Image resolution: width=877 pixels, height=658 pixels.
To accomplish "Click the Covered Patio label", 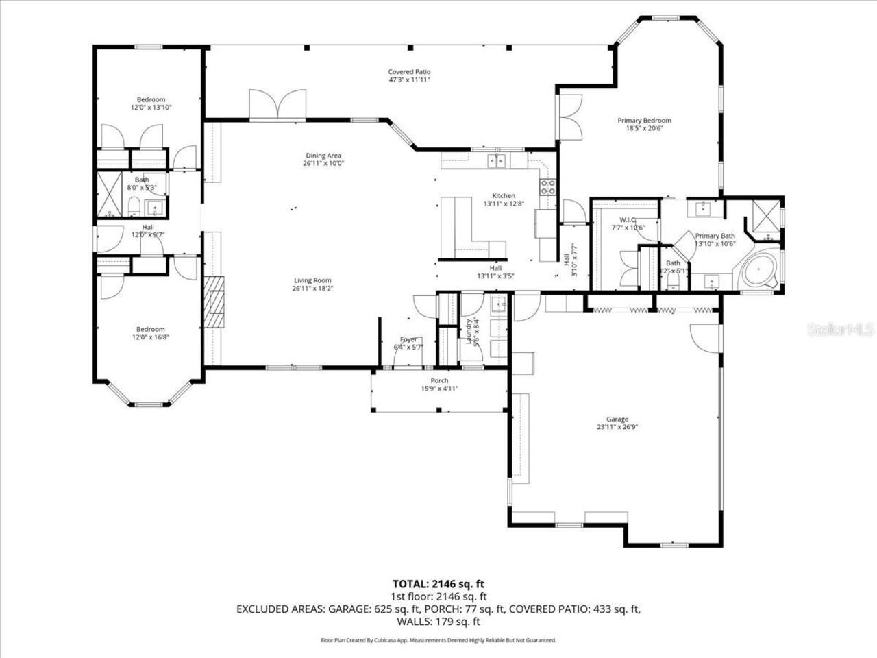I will (x=409, y=71).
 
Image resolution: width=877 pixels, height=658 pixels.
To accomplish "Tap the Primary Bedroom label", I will (x=644, y=121).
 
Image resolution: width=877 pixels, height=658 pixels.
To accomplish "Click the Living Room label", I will (x=312, y=280).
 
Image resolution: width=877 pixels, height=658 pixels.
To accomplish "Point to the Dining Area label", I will (x=323, y=155).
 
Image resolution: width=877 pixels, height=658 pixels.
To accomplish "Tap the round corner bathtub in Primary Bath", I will (x=758, y=273).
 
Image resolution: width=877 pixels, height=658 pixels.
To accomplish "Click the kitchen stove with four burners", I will (x=548, y=187).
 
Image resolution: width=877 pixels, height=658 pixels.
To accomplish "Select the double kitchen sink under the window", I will (x=497, y=161).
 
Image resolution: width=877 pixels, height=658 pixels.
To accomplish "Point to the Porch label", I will (x=439, y=380).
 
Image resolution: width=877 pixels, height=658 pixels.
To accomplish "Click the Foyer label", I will (x=408, y=339).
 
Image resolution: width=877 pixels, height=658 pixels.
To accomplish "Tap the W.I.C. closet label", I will (x=629, y=219).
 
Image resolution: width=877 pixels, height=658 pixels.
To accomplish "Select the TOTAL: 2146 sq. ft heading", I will (x=438, y=584).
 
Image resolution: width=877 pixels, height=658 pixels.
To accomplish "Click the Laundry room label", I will (x=470, y=331).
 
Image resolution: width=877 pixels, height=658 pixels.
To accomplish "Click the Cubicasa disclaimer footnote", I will (x=438, y=640).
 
